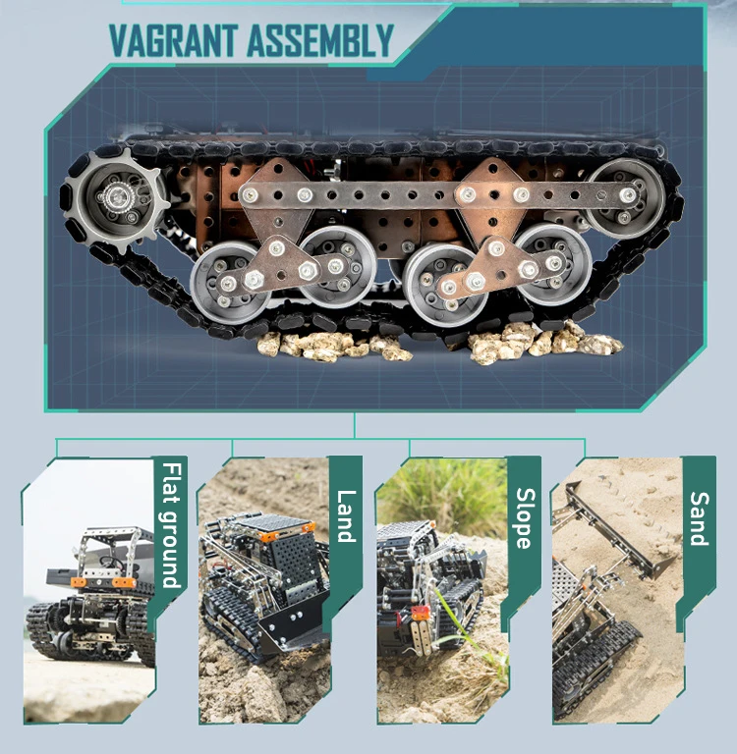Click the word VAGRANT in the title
pos(173,41)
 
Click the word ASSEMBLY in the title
pos(320,41)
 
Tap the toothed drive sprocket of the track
pos(116,198)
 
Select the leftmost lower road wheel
pos(231,283)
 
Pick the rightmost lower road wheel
pos(552,263)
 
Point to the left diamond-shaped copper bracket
pos(278,202)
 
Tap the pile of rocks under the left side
pos(333,347)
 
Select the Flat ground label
pos(171,525)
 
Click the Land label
pos(346,516)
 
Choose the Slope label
pos(526,518)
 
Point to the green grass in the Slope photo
pos(443,495)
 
